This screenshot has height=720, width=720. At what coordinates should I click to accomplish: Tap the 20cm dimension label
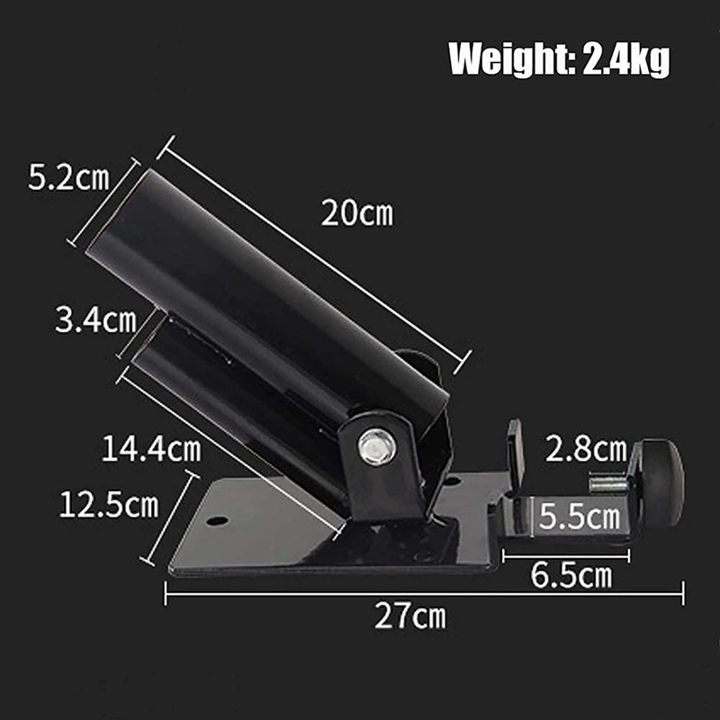coord(356,213)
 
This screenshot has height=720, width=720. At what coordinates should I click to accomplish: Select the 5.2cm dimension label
coord(68,177)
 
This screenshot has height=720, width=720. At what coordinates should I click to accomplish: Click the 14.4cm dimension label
coord(151,448)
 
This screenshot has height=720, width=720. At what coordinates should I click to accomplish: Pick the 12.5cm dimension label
coord(109,504)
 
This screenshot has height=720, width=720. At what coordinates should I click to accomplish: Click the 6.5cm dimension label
coord(571,575)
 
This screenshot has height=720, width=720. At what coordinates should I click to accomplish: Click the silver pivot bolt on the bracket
coord(377,445)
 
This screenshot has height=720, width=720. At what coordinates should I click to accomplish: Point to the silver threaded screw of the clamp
coord(609,483)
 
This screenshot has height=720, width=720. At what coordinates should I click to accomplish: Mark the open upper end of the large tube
coord(115,216)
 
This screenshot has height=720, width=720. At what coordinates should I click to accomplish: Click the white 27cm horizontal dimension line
coord(423,592)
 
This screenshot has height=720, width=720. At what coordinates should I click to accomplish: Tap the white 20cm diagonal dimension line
coord(315,252)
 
